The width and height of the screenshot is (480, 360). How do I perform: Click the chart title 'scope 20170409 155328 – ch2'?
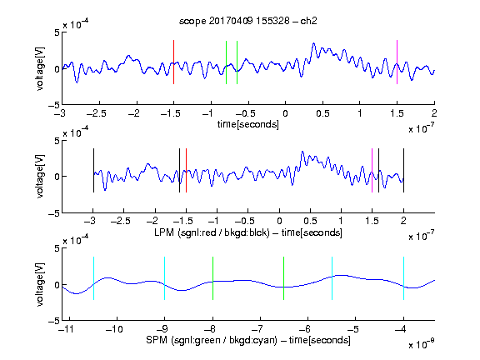pos(248,21)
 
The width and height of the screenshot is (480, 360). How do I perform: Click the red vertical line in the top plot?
pos(173,62)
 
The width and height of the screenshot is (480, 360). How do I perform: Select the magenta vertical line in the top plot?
pos(397,62)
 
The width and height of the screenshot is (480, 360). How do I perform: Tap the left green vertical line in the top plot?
pos(226,62)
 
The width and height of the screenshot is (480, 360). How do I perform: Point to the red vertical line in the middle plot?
pos(186,171)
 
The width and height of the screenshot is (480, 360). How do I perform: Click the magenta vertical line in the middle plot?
pos(372,171)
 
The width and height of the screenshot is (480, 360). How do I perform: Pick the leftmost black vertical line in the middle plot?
pos(93,171)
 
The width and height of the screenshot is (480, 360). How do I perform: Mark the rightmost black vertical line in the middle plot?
pos(404,171)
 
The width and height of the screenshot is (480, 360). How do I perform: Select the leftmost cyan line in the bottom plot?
pos(93,278)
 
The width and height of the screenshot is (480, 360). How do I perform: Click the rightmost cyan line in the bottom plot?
pos(404,278)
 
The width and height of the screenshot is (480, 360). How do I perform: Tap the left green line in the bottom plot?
pos(212,278)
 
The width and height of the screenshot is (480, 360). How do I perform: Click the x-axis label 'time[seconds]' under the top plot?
pos(248,124)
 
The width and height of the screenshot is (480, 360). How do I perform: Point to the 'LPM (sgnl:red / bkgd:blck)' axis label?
pos(212,232)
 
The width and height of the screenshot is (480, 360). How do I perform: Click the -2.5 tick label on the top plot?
pos(96,113)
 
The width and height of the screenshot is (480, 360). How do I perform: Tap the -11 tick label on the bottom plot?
pos(67,329)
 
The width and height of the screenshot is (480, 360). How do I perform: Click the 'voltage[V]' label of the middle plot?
pos(40,177)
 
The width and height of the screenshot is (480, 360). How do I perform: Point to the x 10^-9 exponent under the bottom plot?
pos(422,344)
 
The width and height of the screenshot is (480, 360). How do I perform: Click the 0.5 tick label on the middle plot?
pos(310,221)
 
